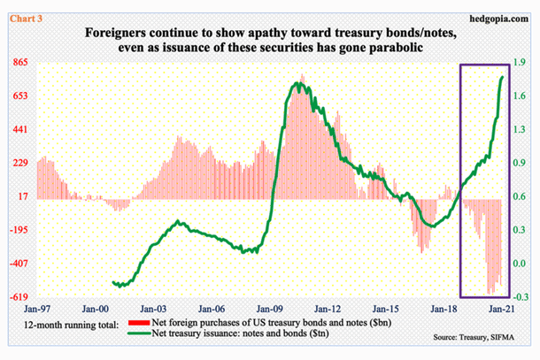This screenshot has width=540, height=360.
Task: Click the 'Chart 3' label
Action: pyautogui.click(x=19, y=10)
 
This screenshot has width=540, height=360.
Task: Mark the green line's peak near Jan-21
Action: pyautogui.click(x=504, y=77)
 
